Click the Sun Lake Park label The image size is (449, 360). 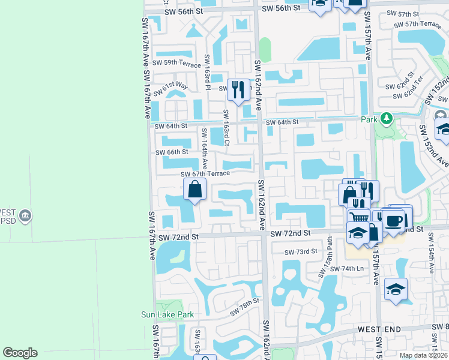coord(167,314)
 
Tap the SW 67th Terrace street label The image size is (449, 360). coord(206,173)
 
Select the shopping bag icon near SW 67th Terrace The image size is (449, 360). coord(195,190)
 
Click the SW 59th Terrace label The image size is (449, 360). coord(176,62)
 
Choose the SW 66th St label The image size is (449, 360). coord(172,152)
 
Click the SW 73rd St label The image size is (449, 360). coord(300,251)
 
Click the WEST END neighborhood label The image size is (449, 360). coord(379,330)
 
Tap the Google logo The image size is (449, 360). coord(20,353)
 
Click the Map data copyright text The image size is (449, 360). coord(423,355)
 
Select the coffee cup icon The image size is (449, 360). coord(394,220)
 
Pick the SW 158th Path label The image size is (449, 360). coord(326,264)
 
